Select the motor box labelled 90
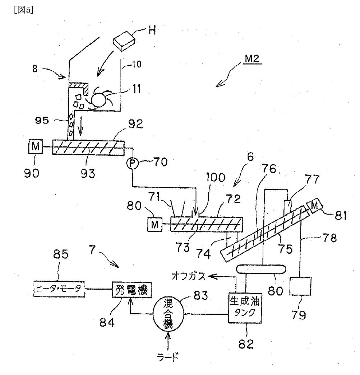pyautogui.click(x=36, y=146)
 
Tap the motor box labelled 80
pyautogui.click(x=155, y=224)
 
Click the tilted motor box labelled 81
pyautogui.click(x=315, y=206)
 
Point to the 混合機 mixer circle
pyautogui.click(x=169, y=314)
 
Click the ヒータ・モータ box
pyautogui.click(x=59, y=289)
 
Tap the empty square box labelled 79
pyautogui.click(x=300, y=286)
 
